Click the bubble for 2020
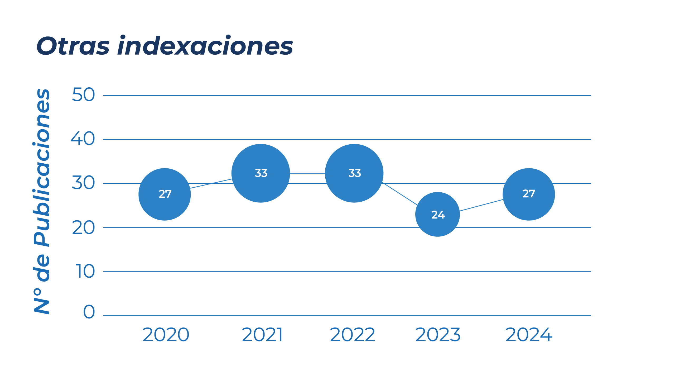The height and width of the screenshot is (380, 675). coord(165,194)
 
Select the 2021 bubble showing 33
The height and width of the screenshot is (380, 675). coord(261,173)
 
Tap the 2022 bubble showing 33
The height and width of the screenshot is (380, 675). coord(354,173)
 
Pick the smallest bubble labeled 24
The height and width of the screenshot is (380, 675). coord(438,214)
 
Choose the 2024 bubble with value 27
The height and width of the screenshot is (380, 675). coord(529,194)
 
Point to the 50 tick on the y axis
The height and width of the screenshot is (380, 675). coord(83,95)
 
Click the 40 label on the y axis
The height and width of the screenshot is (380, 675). coord(83,139)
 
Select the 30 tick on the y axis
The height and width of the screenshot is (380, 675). coord(83,183)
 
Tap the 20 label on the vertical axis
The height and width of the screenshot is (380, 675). coord(83,227)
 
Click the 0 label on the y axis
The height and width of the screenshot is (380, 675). coord(89,312)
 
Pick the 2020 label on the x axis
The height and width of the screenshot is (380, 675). coord(166,335)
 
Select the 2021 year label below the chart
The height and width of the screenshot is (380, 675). coord(262,335)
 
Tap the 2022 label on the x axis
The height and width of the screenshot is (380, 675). coord(353,335)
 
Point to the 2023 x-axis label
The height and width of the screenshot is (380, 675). coord(438,335)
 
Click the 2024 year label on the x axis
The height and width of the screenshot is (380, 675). coord(529,335)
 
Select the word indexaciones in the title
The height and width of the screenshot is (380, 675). coord(205,46)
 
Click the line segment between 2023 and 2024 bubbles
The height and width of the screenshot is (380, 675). coord(481,206)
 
